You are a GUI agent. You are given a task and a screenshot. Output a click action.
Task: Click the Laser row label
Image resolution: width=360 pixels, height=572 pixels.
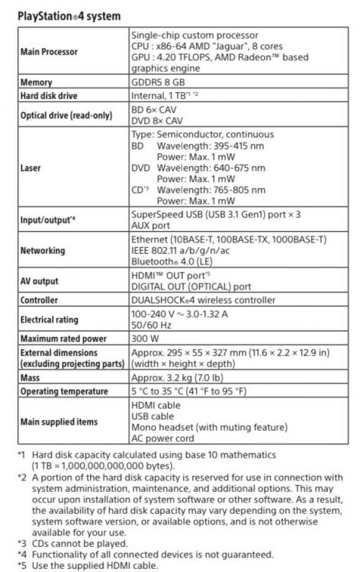click(x=31, y=167)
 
